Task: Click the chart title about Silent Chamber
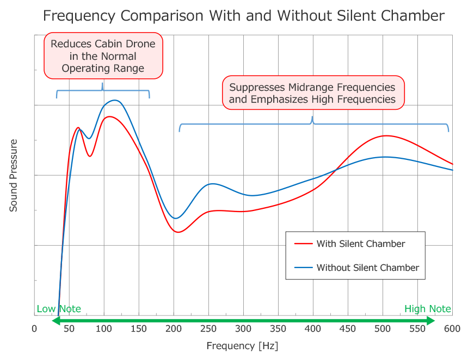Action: tap(244, 16)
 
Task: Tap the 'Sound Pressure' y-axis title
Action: tap(14, 175)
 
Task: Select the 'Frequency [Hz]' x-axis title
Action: tap(242, 345)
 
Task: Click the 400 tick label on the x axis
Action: tap(313, 328)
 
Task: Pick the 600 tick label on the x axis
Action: tap(452, 328)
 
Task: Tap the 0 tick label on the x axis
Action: tap(34, 328)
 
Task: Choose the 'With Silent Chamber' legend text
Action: tap(361, 244)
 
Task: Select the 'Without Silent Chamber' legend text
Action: tap(368, 268)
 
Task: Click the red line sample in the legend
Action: tap(303, 244)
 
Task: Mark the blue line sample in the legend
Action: tap(303, 268)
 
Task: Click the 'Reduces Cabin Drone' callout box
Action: tap(103, 56)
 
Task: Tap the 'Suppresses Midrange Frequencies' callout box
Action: tap(312, 93)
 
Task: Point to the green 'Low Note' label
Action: tap(59, 309)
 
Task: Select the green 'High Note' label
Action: tap(428, 309)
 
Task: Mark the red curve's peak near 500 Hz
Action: tap(385, 136)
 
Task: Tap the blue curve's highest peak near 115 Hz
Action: tap(114, 100)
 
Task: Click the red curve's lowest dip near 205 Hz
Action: tap(178, 232)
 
